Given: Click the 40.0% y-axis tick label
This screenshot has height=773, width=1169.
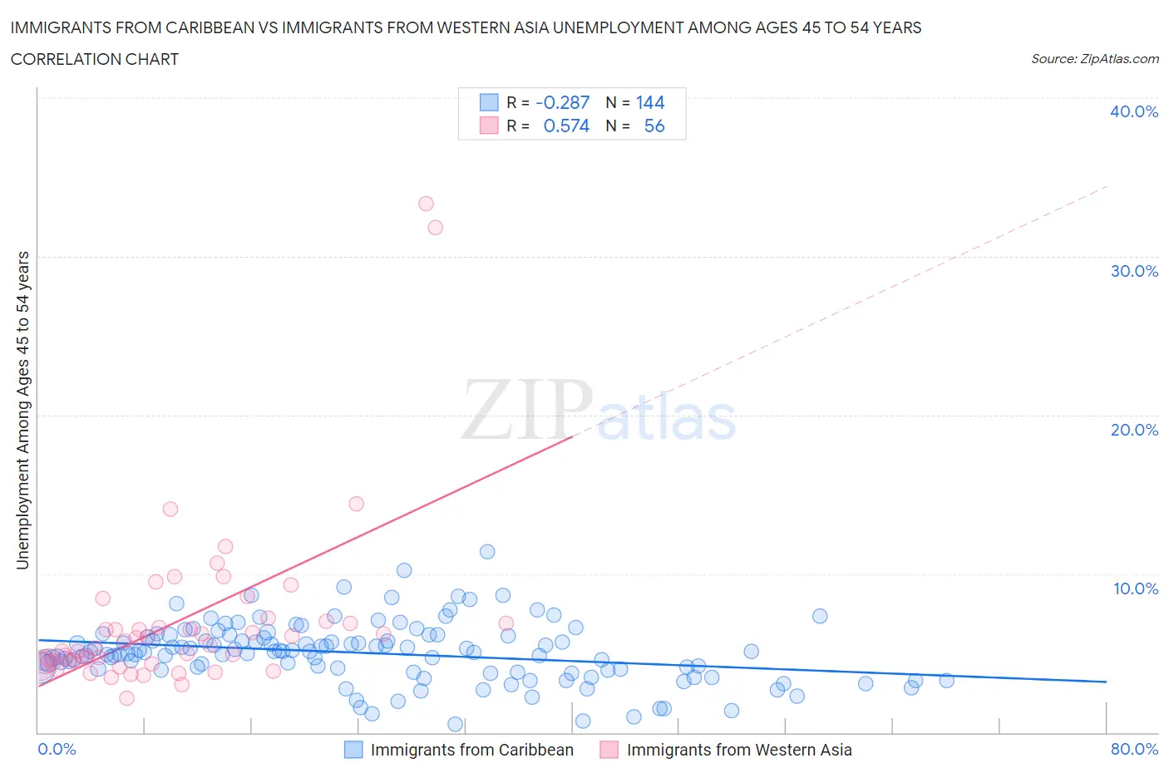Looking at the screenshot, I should click(x=1133, y=111).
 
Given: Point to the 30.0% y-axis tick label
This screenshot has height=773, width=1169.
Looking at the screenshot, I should click(x=1133, y=271).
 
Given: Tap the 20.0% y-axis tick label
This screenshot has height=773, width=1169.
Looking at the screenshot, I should click(x=1133, y=430).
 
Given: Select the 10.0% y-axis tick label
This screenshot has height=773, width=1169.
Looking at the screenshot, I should click(x=1135, y=588).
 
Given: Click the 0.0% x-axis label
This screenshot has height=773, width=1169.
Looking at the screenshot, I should click(x=57, y=749).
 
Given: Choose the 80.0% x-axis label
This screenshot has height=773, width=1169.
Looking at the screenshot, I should click(x=1134, y=749).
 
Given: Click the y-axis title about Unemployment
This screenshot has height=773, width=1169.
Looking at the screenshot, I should click(x=22, y=410).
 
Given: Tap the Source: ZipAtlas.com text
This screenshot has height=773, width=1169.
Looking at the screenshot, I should click(x=1094, y=58).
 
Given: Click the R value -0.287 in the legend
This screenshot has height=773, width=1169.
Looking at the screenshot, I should click(x=562, y=102).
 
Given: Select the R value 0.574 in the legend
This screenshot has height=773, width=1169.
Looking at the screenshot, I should click(x=566, y=126).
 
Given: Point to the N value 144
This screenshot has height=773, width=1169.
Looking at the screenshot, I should click(x=650, y=102).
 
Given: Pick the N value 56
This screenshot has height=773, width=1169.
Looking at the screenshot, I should click(x=654, y=126).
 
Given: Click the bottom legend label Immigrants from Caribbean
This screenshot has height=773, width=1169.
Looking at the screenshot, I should click(x=471, y=750).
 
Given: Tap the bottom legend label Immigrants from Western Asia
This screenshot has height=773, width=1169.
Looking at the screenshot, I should click(x=738, y=750).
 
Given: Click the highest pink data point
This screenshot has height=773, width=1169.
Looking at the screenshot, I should click(x=426, y=204).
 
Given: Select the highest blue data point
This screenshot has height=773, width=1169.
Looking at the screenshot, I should click(x=487, y=552).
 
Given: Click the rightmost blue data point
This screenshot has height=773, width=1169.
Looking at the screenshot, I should click(x=946, y=681).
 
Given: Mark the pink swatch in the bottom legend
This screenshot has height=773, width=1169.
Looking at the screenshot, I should click(x=609, y=750).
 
